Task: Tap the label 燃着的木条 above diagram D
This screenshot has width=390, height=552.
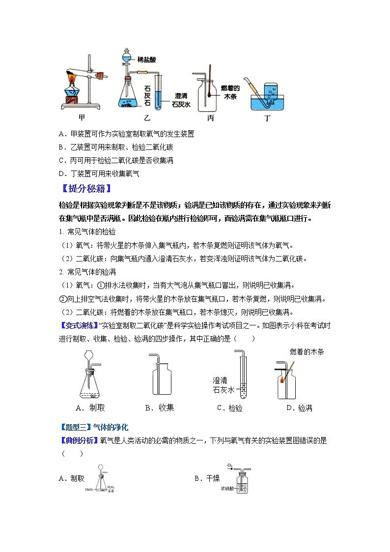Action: (x=307, y=351)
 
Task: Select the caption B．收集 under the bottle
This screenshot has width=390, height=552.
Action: (x=160, y=407)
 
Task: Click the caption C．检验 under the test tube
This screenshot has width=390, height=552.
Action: (x=229, y=408)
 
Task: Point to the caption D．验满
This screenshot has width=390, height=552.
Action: (x=299, y=408)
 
